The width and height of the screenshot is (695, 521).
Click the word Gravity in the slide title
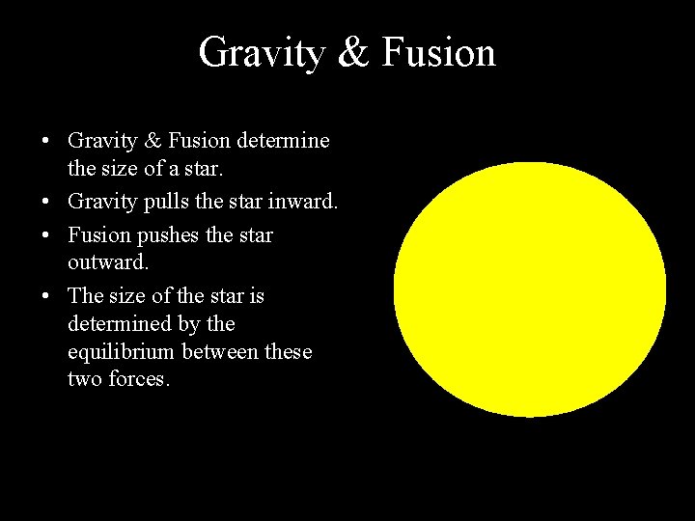click(261, 53)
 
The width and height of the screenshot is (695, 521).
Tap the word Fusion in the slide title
click(439, 53)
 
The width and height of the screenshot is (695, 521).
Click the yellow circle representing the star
click(530, 289)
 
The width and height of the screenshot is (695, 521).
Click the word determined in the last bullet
click(114, 323)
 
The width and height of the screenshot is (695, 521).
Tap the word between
click(223, 352)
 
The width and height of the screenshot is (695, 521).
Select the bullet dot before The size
click(46, 295)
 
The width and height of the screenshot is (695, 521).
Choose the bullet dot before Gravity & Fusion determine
click(46, 142)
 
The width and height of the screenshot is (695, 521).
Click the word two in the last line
click(83, 379)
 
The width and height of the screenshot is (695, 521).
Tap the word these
click(289, 352)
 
